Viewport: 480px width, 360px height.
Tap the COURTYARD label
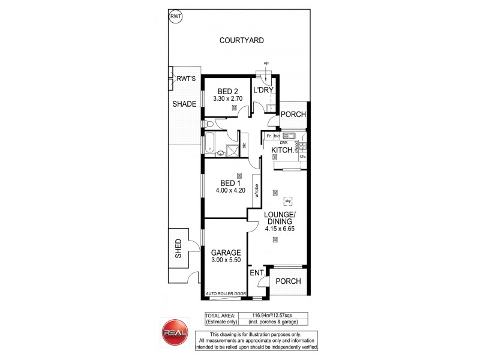(x=242, y=41)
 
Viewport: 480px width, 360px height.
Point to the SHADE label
(x=185, y=104)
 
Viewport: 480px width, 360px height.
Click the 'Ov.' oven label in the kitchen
(x=303, y=157)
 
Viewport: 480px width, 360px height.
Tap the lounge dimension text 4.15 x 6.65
(x=280, y=229)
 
